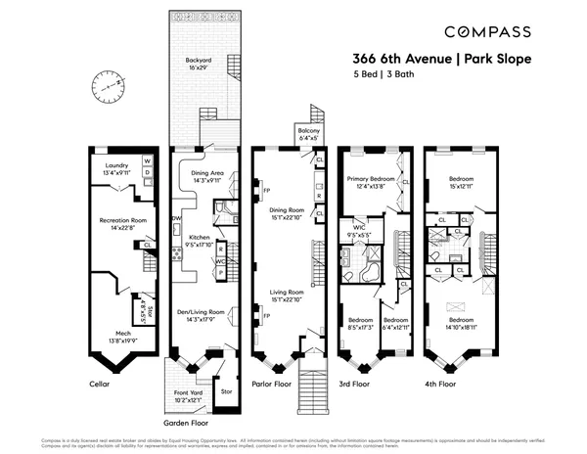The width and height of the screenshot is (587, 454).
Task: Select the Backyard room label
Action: point(199,64)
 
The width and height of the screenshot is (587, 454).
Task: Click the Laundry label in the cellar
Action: point(117,168)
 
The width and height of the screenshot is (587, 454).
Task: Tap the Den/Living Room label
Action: point(200,314)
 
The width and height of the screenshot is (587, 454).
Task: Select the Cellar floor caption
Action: point(100,385)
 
